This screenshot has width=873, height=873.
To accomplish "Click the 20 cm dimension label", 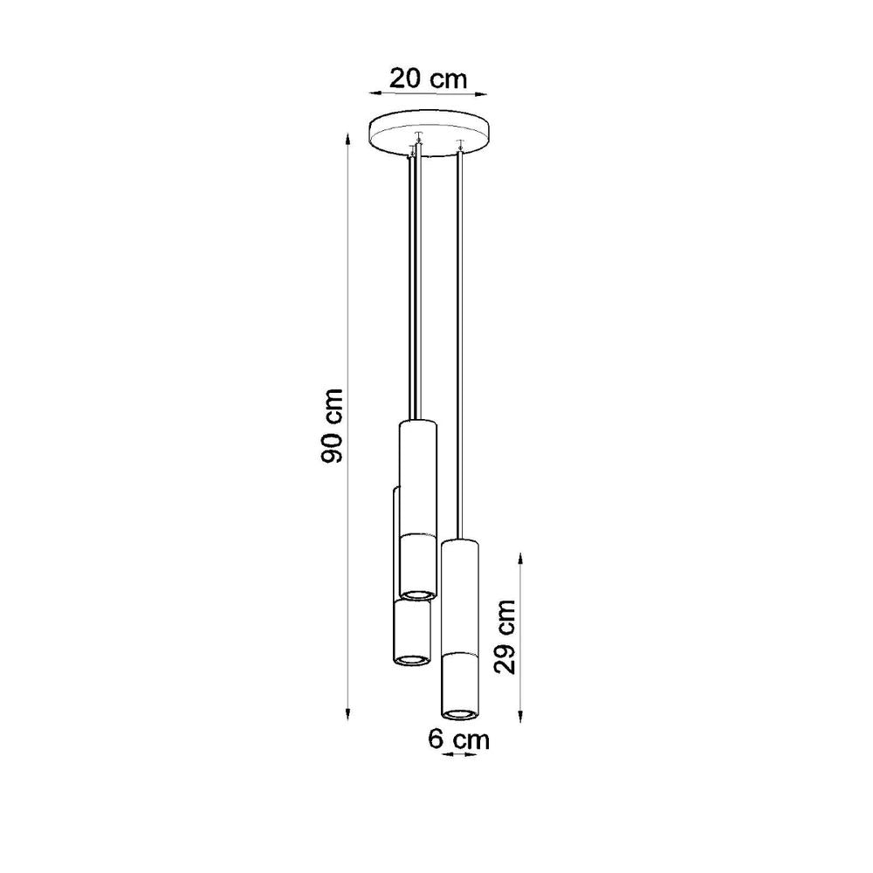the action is click(429, 78).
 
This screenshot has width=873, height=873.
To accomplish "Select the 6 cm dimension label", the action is click(458, 740).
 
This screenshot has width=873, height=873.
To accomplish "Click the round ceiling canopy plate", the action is click(431, 131).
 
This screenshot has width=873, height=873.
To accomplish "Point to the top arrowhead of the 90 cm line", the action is click(349, 137).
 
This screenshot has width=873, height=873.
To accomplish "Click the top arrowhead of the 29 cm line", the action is click(520, 556).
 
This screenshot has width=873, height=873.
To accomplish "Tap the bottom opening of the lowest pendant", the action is click(460, 712).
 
